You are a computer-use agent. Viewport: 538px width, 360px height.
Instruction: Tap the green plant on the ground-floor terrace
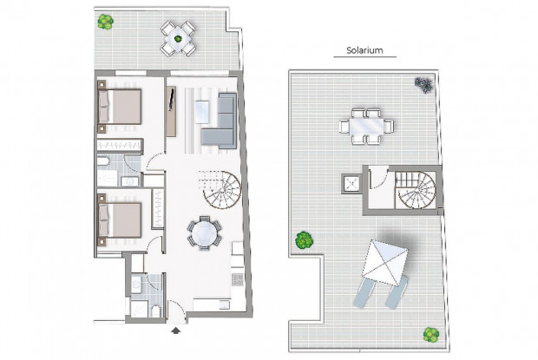click(x=105, y=21)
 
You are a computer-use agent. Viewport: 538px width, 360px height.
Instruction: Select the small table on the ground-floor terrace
click(x=178, y=36)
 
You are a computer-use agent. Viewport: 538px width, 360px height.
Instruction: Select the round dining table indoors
click(x=205, y=233)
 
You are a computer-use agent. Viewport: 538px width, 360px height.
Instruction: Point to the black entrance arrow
click(x=178, y=330)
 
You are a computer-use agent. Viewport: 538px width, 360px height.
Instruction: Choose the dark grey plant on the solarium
click(x=423, y=84)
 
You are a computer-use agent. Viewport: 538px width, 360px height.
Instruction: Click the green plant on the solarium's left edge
click(x=304, y=239)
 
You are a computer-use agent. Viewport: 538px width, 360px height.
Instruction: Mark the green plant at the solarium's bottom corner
click(x=430, y=334)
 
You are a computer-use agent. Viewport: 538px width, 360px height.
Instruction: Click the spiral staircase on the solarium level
click(x=415, y=192)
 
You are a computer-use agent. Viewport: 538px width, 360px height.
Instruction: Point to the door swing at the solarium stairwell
click(x=377, y=178)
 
